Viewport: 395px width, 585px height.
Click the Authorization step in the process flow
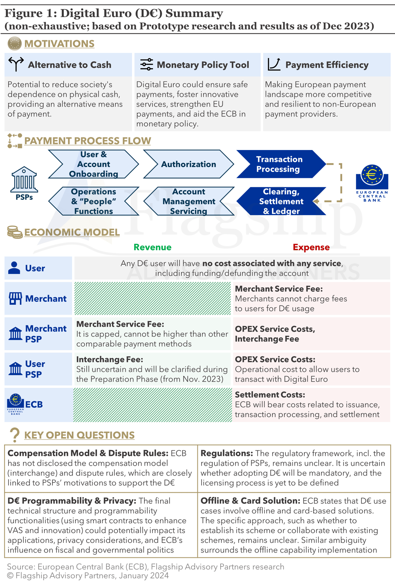188,164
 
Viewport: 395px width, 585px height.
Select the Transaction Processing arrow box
280,164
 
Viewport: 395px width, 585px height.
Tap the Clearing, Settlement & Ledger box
281,201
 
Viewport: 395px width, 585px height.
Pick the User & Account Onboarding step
93,164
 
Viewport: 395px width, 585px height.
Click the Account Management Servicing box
189,201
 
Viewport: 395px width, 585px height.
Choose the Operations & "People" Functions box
93,201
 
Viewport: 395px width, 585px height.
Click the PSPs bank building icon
24,179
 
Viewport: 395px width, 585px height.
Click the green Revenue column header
152,247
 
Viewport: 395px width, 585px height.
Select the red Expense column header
311,247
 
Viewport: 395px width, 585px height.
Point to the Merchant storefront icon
15,298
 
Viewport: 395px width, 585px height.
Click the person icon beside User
14,268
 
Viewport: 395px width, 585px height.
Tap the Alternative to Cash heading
70,65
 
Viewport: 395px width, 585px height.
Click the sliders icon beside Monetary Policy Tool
147,64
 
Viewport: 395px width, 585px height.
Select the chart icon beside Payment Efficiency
274,64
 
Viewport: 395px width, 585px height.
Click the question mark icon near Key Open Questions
15,435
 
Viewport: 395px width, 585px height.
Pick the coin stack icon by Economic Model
15,232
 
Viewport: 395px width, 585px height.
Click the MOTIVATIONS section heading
59,44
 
